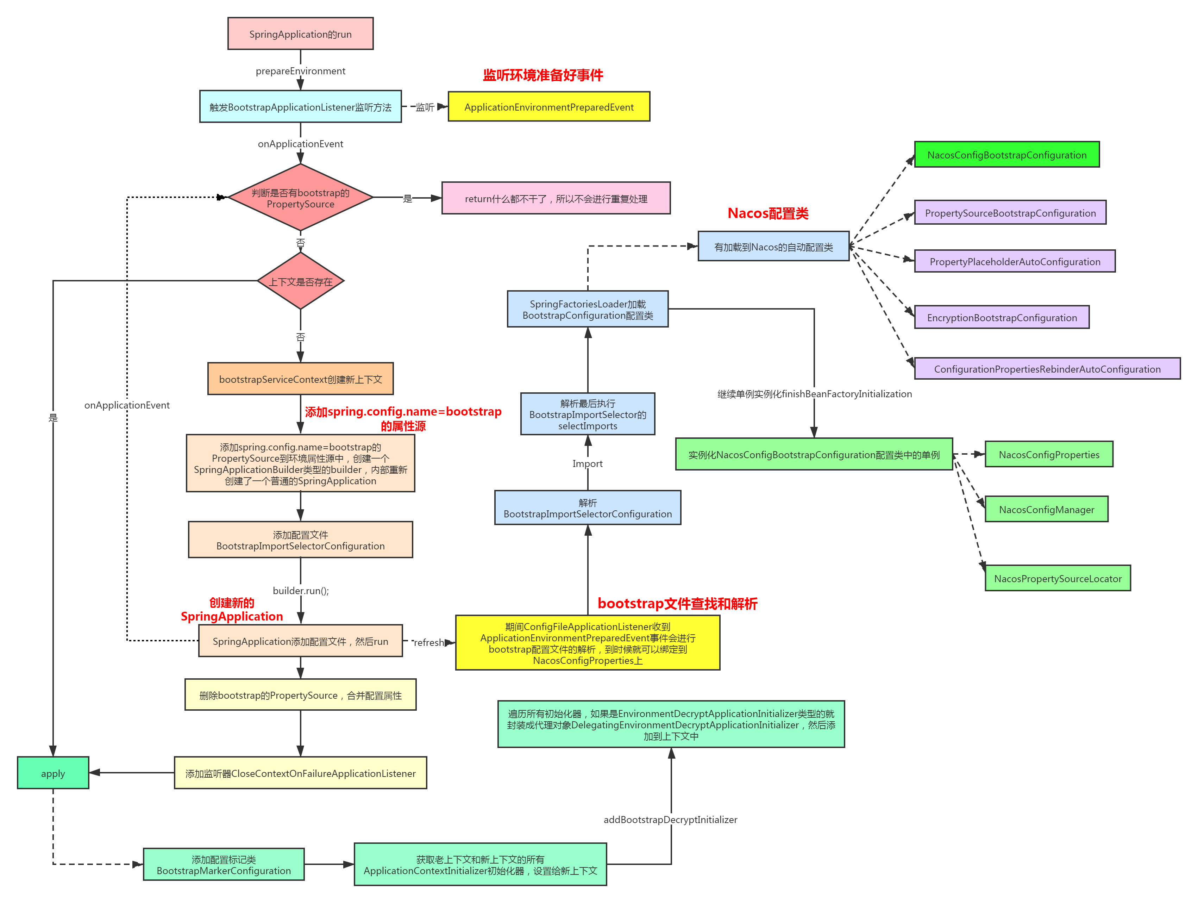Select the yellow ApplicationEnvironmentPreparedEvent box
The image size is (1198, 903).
[548, 107]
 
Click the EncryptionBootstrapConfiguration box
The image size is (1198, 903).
[1002, 317]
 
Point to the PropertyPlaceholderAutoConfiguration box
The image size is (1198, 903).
[1014, 262]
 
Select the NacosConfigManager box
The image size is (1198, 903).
[1046, 509]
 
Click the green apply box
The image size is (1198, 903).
[53, 773]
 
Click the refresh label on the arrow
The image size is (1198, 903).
[428, 642]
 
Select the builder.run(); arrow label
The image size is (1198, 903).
[301, 590]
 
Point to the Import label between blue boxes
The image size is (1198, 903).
[588, 463]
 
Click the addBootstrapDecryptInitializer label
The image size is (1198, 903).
[671, 819]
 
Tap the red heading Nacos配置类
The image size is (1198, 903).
[768, 213]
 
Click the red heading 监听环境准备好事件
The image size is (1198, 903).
[543, 75]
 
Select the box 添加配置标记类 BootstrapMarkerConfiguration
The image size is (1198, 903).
[224, 865]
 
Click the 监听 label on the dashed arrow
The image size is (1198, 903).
[425, 107]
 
